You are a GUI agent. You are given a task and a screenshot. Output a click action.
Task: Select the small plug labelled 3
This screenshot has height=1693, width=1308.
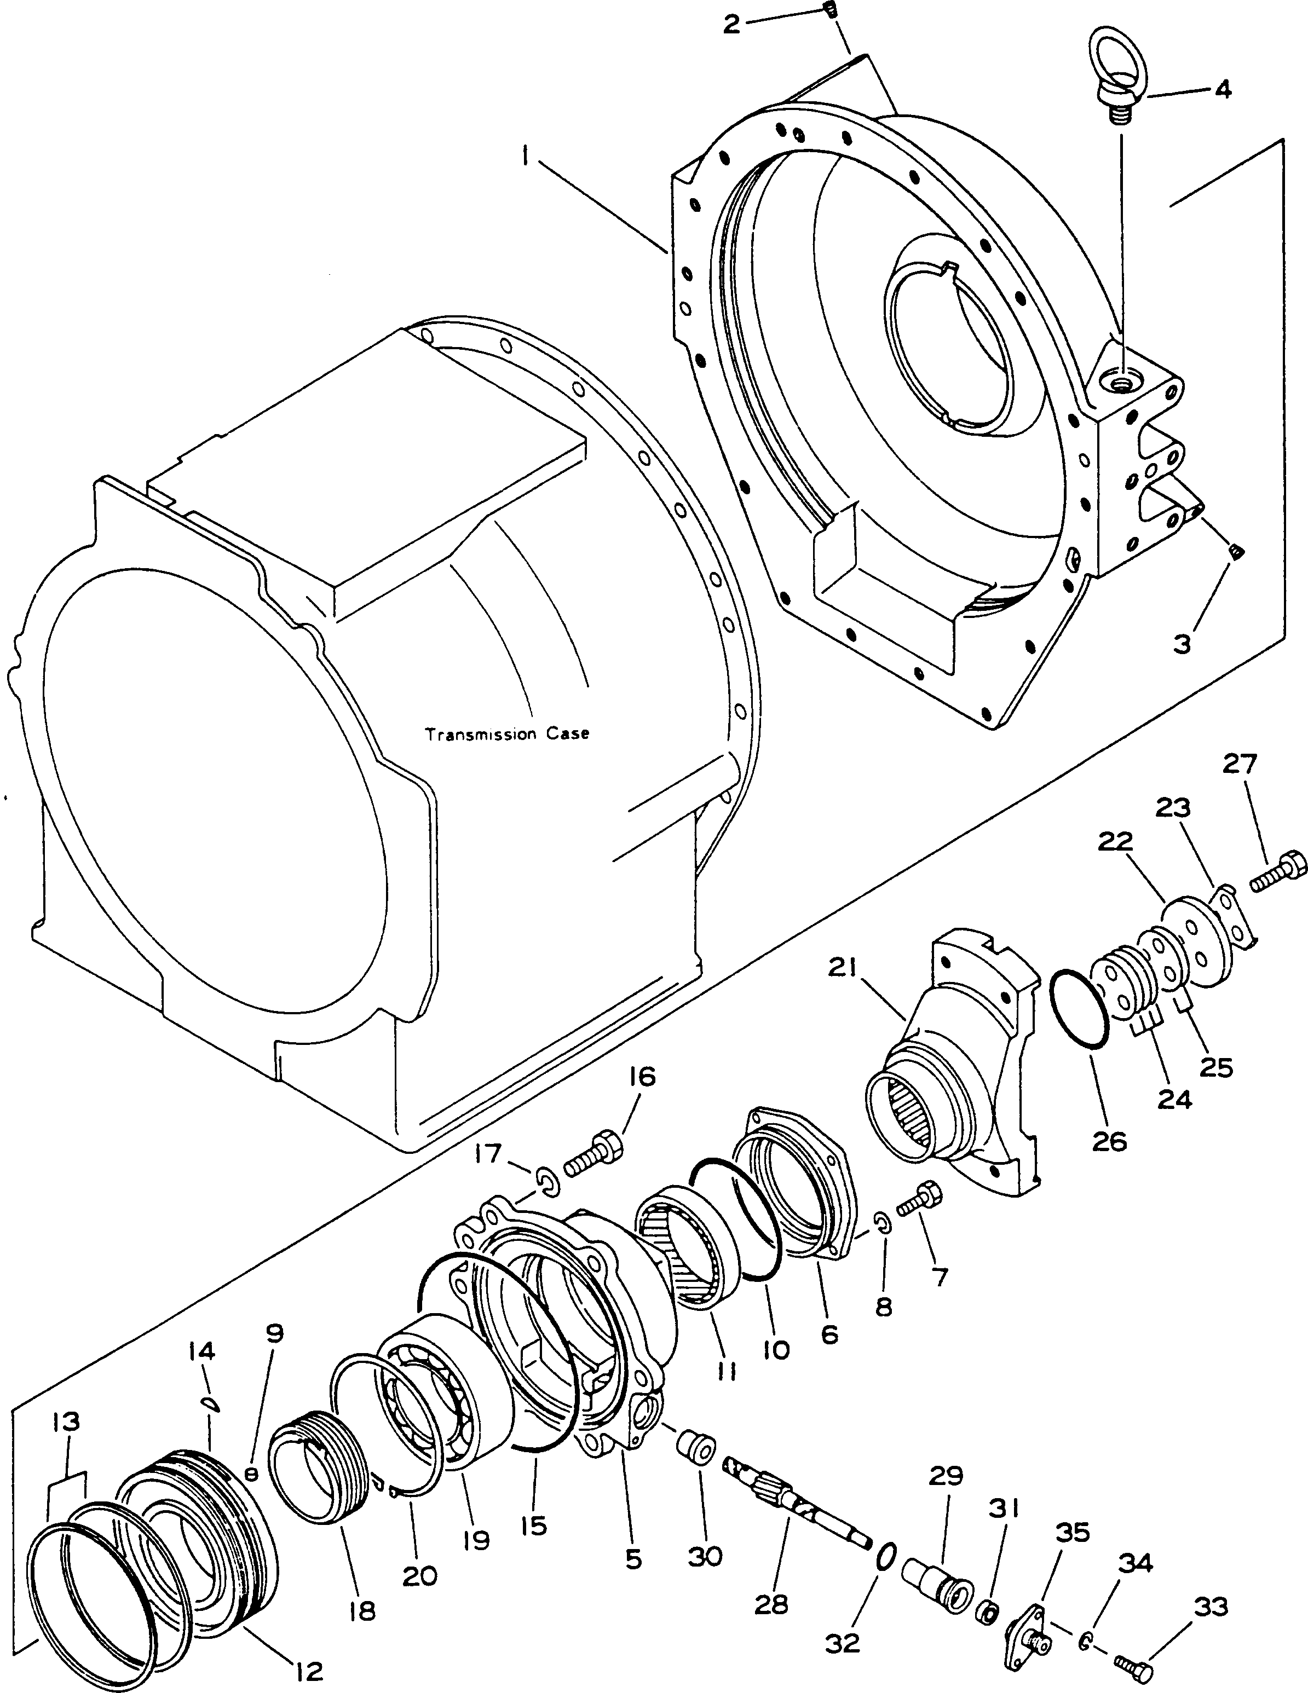pyautogui.click(x=1237, y=551)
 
